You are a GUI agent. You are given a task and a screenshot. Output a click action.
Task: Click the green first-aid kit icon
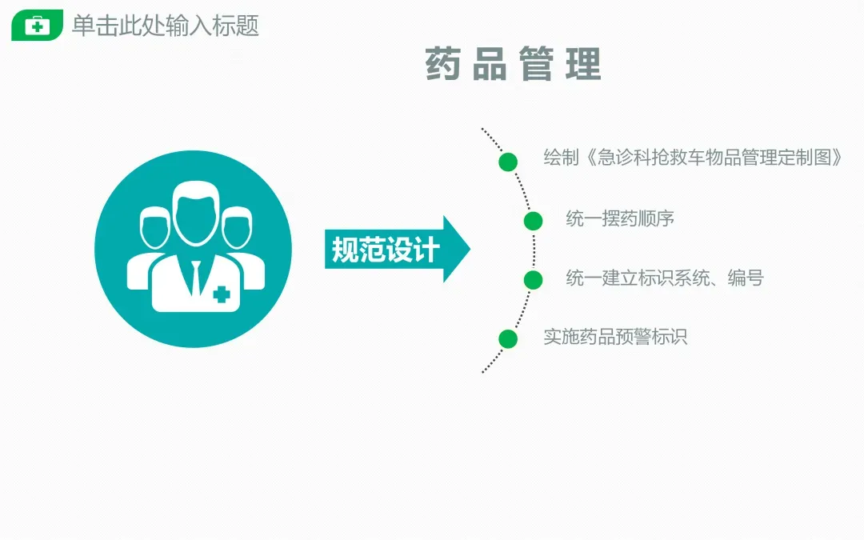[x=37, y=26]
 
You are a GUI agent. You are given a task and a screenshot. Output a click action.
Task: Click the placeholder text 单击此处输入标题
[x=166, y=26]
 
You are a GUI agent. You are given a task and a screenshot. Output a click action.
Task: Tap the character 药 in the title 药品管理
[x=445, y=65]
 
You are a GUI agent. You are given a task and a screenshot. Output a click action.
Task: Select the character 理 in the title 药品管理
[x=583, y=65]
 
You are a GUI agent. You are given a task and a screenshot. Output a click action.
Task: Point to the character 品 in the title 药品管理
[x=490, y=65]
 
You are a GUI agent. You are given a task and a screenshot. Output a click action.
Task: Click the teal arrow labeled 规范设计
[x=397, y=250]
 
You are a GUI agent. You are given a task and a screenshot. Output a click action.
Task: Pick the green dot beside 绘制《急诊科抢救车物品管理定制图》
[x=508, y=162]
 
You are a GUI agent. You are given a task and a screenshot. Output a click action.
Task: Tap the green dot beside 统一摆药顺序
[x=533, y=222]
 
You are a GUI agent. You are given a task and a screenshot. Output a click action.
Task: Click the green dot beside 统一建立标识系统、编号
[x=533, y=280]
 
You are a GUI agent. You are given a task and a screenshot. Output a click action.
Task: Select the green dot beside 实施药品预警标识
[x=508, y=338]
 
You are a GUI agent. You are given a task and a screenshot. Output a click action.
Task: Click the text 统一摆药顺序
[x=620, y=218]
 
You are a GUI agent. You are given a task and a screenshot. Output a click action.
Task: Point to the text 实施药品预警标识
[x=615, y=337]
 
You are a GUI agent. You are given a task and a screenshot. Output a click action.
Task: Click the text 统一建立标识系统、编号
[x=665, y=278]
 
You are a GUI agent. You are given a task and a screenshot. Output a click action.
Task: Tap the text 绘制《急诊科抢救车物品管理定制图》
[x=694, y=158]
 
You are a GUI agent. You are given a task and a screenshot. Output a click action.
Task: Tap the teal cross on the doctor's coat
[x=222, y=294]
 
